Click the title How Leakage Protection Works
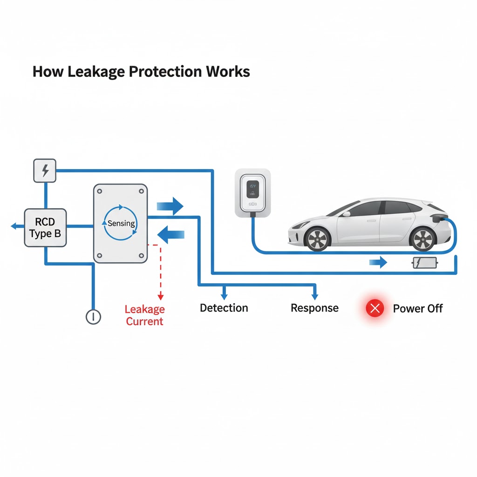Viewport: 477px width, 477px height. [141, 72]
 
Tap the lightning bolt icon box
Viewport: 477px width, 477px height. [45, 170]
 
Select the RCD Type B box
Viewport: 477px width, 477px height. [45, 227]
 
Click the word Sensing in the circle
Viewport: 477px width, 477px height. [121, 223]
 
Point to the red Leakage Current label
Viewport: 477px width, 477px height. [144, 315]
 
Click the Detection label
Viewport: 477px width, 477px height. [224, 308]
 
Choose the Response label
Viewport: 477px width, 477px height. [314, 308]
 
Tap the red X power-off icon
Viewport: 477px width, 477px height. [375, 308]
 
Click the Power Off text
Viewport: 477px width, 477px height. [418, 308]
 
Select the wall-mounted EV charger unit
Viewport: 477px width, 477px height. [252, 192]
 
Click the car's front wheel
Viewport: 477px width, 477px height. [317, 237]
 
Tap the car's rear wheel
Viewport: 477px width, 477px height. [423, 238]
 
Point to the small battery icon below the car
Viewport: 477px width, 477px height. [424, 263]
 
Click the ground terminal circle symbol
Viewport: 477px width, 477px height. [93, 317]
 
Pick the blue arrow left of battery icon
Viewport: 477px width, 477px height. [378, 263]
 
